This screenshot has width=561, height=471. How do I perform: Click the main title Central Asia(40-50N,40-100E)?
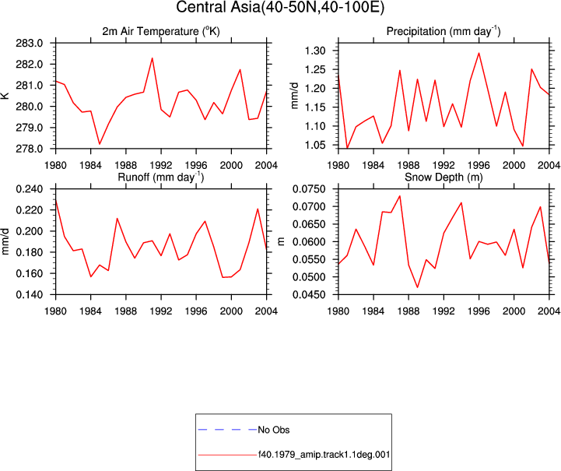pos(280,7)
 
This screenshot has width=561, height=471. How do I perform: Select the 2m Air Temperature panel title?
pos(161,31)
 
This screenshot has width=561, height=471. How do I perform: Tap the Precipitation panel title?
pos(444,31)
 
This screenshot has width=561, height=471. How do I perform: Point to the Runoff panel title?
pos(161,177)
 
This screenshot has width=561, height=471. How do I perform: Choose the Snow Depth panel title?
pos(444,177)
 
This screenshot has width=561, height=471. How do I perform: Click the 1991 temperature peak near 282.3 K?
pos(152,58)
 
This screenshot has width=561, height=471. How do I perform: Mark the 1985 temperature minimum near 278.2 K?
pos(100,144)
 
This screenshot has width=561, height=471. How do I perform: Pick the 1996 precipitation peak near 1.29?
pos(479,53)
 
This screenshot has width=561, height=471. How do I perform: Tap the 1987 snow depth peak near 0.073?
pos(400,195)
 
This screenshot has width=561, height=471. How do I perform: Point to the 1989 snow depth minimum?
pos(417,287)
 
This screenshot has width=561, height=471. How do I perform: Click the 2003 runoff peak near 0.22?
pos(258,209)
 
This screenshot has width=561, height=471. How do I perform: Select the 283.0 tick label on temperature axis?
pos(30,44)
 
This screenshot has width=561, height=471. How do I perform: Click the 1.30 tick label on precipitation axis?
pos(315,51)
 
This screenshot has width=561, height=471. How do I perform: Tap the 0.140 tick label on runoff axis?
pos(30,294)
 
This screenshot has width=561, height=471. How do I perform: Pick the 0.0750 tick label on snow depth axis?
pos(310,189)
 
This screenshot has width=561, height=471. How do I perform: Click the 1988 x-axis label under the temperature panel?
pos(125,165)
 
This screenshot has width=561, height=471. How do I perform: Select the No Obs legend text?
pos(274,430)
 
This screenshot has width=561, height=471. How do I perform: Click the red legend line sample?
pos(227,455)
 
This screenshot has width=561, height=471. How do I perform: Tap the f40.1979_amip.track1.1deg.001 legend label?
pos(324,455)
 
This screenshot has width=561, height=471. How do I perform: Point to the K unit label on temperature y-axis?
pos(5,96)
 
